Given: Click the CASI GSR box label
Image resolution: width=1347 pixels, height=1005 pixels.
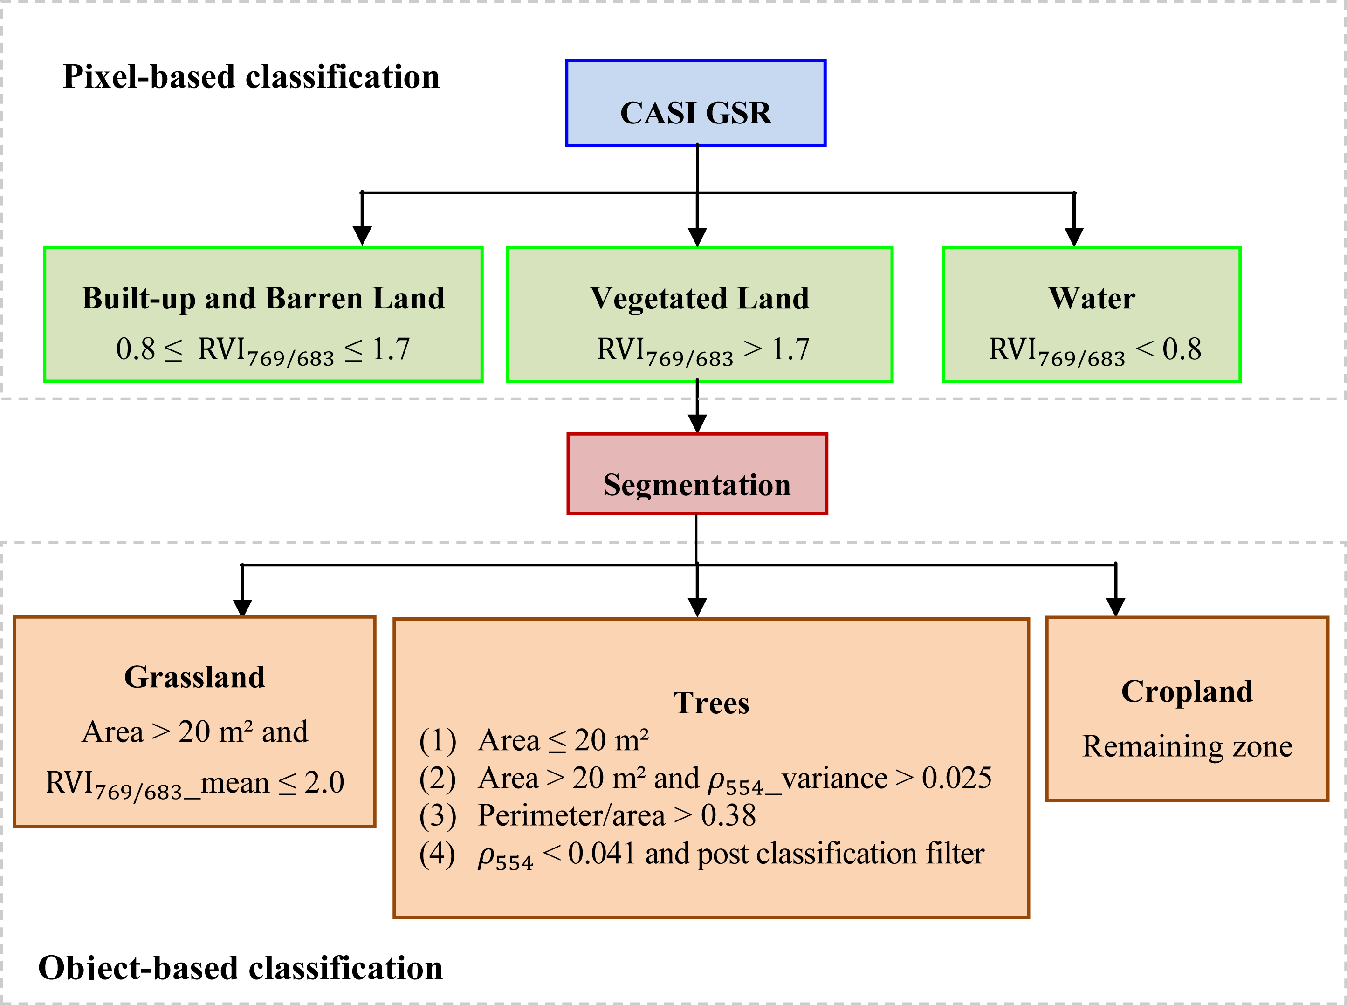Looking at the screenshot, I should (x=695, y=113).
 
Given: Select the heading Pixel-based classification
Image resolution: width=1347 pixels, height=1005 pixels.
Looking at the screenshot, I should (x=251, y=77).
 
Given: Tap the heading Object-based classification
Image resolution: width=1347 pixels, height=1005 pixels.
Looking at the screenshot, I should (x=241, y=967).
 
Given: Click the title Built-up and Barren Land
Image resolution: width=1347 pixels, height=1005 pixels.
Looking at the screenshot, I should (x=263, y=298).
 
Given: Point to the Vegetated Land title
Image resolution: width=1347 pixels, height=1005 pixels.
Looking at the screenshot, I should (x=700, y=298).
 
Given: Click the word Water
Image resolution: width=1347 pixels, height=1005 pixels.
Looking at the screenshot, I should (x=1092, y=298).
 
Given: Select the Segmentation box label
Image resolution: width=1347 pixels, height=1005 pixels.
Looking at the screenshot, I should (x=697, y=485).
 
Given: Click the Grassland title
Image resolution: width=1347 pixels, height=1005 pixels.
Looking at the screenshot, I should (x=195, y=677).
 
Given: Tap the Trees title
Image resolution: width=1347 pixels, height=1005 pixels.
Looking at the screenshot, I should (x=711, y=703).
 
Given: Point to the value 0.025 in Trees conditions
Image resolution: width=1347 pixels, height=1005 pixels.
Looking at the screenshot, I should (x=956, y=778).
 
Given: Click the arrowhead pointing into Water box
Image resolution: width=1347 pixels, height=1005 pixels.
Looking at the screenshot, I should (x=1074, y=237).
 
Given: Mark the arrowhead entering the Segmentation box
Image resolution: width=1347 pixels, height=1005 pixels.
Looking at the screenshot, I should (x=697, y=424).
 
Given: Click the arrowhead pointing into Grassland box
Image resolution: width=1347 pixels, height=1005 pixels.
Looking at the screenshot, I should (x=242, y=608).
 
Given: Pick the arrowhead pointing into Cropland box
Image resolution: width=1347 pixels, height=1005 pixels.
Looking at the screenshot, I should (x=1115, y=607).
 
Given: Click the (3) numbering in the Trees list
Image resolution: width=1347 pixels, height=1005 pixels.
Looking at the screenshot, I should (x=438, y=816).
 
